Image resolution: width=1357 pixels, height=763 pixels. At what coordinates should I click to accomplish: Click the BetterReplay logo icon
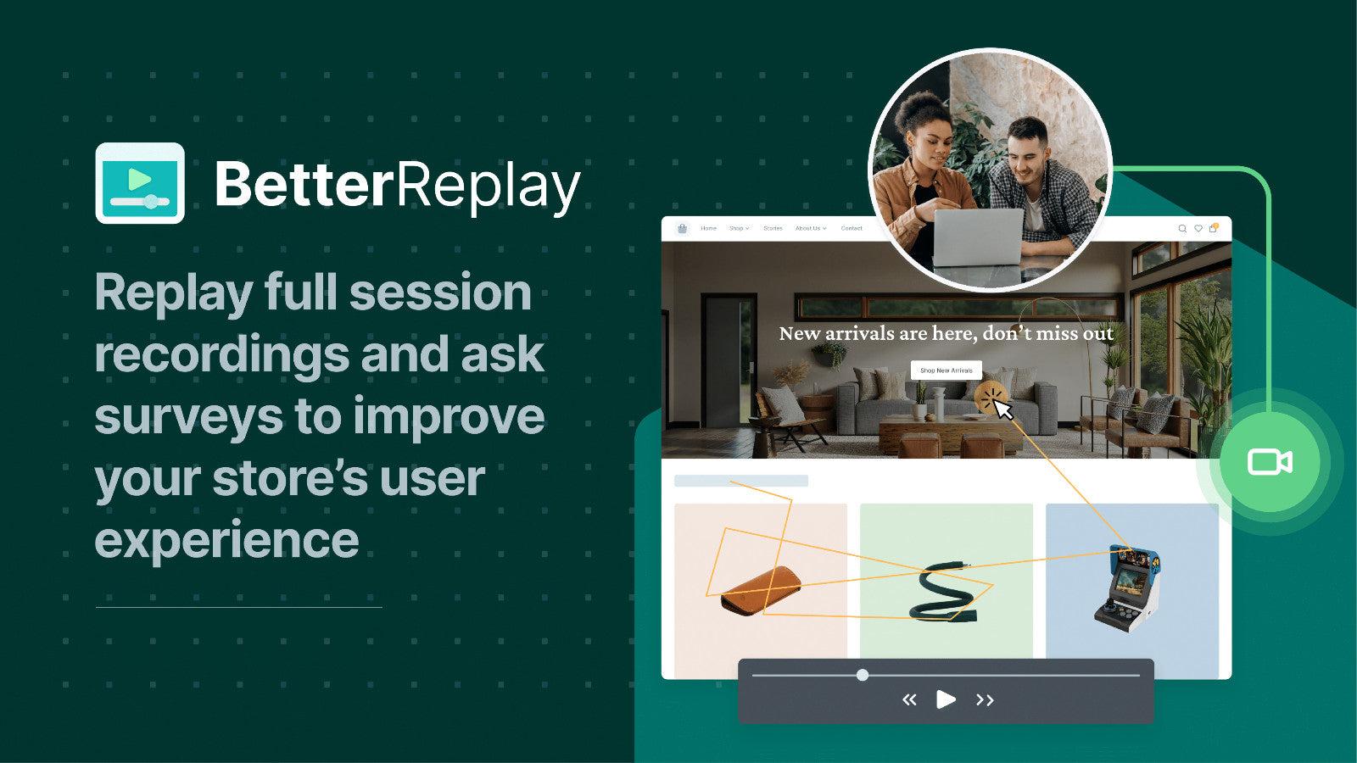[x=140, y=182]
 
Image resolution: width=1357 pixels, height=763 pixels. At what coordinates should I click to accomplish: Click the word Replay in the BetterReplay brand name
[x=489, y=185]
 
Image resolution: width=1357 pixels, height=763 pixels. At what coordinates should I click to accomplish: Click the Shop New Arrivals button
[x=946, y=370]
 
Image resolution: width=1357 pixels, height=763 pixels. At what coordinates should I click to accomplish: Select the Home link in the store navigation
[x=708, y=228]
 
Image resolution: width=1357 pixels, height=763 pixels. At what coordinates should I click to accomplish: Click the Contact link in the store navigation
[x=852, y=228]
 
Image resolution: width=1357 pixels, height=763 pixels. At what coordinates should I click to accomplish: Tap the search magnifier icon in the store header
[x=1182, y=228]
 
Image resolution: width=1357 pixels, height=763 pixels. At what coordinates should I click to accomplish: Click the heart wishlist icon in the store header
[x=1198, y=228]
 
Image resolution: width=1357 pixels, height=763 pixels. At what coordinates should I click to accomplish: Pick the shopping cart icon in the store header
[x=1213, y=228]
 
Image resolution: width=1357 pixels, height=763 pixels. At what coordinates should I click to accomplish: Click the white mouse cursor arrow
[x=1003, y=410]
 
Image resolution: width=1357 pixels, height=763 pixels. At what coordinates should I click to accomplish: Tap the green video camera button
[x=1270, y=462]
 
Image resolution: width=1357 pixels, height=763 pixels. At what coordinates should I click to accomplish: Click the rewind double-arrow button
[x=909, y=699]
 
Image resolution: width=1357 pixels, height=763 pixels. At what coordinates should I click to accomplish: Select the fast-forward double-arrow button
[x=985, y=699]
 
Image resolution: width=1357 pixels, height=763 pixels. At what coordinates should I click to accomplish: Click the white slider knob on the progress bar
[x=863, y=675]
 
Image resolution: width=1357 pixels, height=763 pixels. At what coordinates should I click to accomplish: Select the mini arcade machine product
[x=1125, y=585]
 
